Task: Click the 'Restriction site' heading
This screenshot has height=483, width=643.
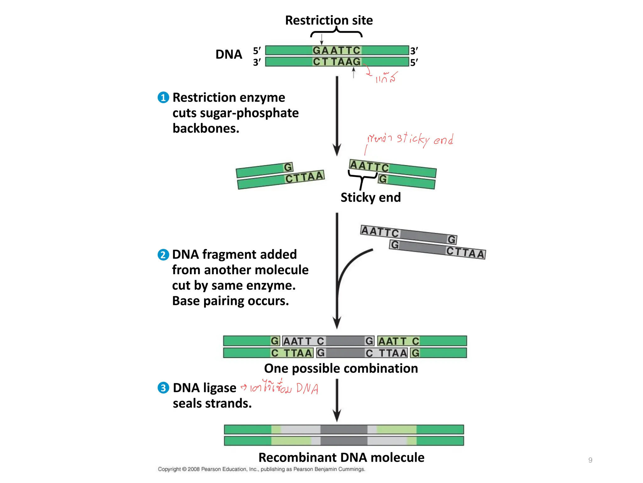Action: coord(329,20)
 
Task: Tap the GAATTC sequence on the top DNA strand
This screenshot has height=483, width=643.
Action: coord(337,50)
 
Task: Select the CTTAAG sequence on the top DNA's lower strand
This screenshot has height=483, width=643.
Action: coord(337,62)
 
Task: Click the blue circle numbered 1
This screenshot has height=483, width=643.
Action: coord(163,97)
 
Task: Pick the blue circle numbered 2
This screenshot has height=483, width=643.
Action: coord(163,254)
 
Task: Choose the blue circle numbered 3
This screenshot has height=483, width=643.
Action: coord(163,388)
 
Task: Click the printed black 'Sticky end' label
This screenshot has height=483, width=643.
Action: coord(370,197)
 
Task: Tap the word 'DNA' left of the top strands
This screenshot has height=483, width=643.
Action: coord(229,54)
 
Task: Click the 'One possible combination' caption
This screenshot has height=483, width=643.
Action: coord(341,368)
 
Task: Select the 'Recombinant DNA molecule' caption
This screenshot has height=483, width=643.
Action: coord(341,458)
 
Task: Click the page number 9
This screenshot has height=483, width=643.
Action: coord(590,460)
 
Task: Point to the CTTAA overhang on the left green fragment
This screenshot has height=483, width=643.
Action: coord(304,177)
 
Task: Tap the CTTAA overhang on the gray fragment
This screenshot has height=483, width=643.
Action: coord(465,252)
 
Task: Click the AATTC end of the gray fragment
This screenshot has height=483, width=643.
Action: coord(380,231)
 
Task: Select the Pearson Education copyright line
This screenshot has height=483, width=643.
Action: coord(261,469)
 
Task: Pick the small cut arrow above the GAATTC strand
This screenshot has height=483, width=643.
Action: coord(321,39)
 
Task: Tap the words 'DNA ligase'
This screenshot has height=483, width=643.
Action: coord(204,388)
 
